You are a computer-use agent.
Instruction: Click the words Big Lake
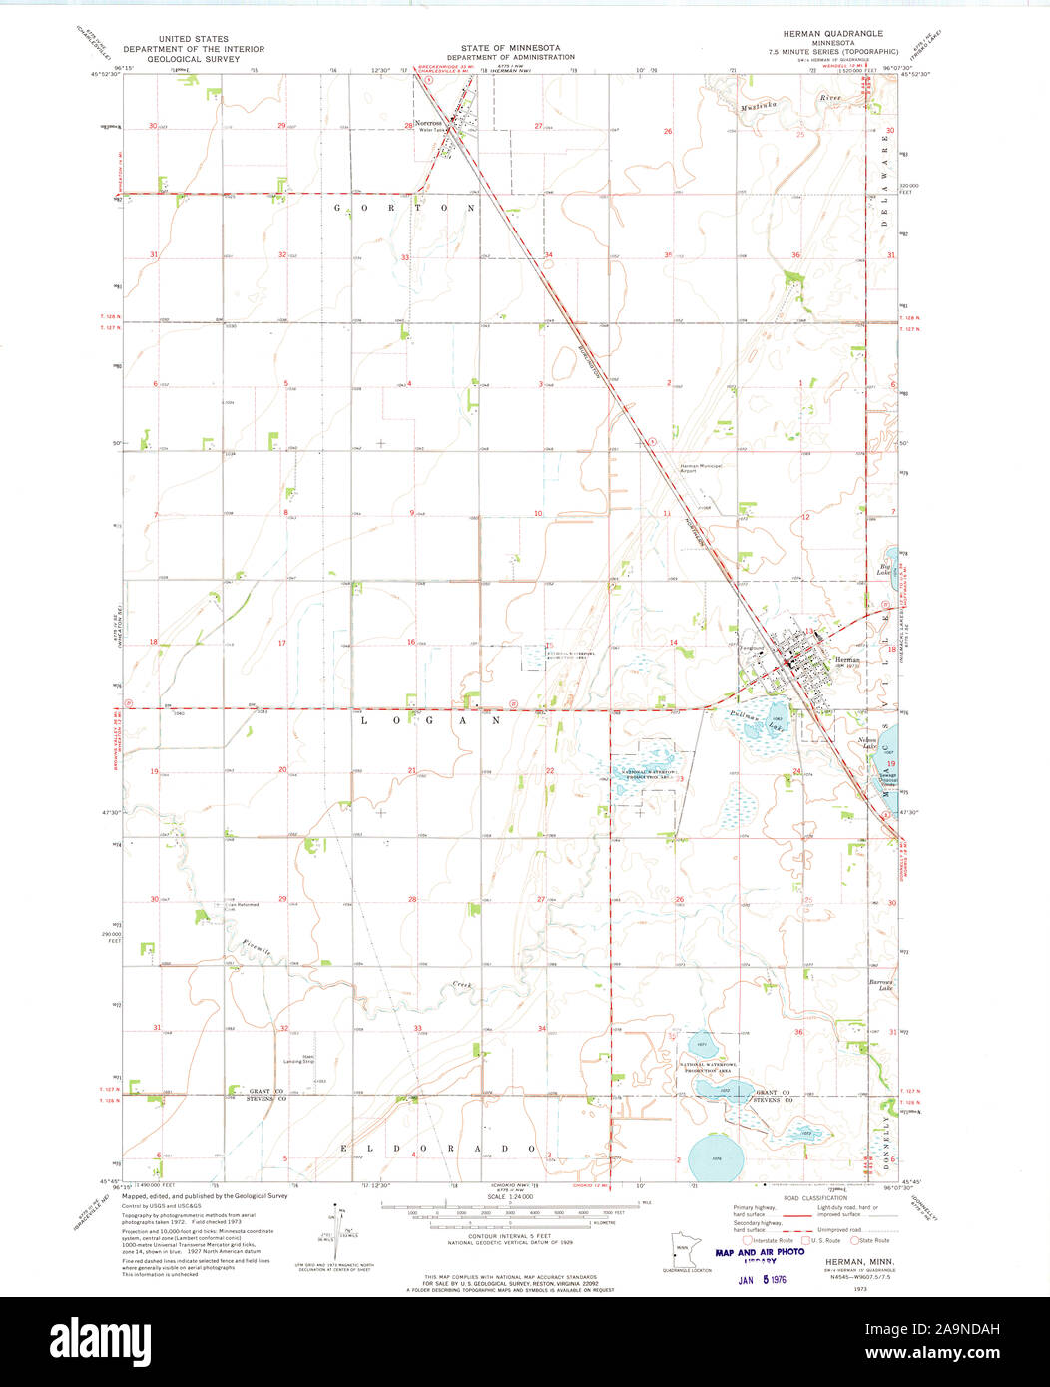point(883,568)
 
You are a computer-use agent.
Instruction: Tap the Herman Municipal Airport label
point(700,467)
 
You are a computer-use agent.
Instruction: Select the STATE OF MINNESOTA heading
point(510,48)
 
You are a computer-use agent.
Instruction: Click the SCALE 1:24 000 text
point(509,1196)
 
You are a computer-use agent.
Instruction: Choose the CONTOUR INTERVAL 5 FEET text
point(509,1235)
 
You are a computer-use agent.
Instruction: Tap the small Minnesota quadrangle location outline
point(684,1250)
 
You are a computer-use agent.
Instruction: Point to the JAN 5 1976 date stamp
point(760,1279)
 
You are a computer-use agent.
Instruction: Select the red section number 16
point(410,642)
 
